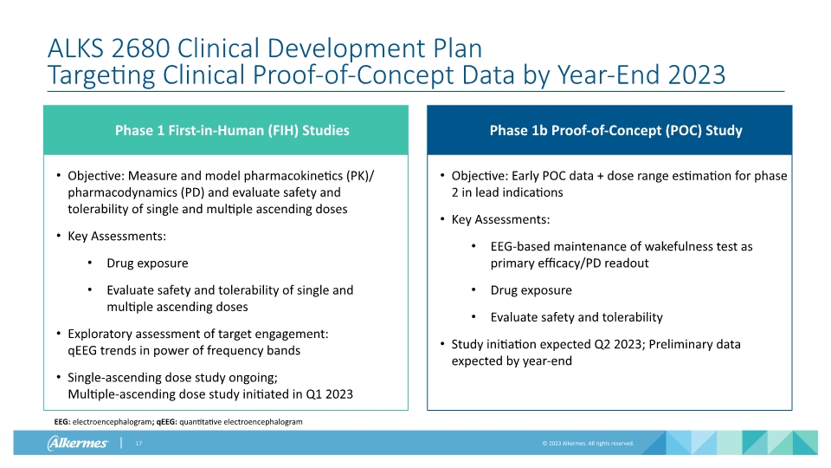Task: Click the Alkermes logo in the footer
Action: click(77, 444)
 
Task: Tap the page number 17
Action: click(138, 444)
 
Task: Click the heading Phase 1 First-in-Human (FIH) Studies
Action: click(232, 131)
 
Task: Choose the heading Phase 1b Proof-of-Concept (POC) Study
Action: click(615, 131)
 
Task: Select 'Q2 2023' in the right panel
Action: click(605, 344)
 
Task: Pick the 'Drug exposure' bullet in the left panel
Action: click(147, 263)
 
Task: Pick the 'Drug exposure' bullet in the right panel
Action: click(531, 290)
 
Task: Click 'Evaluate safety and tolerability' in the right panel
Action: click(577, 317)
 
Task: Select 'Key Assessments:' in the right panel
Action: click(500, 219)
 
